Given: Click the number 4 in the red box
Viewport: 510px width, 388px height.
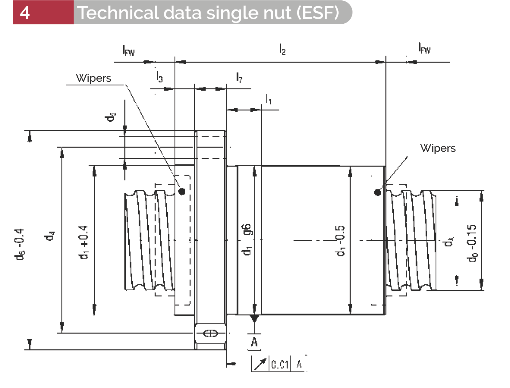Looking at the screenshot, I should click(25, 13).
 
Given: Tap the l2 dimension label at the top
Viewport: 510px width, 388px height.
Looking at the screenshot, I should click(283, 49).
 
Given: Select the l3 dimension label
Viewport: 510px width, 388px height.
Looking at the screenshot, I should click(159, 77).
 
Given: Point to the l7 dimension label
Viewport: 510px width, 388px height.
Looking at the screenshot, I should click(239, 77).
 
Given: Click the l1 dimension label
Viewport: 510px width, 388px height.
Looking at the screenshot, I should click(268, 99).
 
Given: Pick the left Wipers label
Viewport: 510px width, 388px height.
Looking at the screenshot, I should click(93, 78).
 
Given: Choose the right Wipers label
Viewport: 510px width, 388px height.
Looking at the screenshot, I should click(437, 148).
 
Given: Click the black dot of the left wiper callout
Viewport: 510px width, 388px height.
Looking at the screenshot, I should click(182, 191).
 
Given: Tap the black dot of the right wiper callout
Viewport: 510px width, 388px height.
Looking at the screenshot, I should click(378, 192).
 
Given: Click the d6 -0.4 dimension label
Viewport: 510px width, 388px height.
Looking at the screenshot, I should click(20, 244).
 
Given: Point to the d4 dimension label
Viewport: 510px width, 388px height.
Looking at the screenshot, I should click(50, 236).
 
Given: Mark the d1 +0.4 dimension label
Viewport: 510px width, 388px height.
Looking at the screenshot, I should click(83, 242).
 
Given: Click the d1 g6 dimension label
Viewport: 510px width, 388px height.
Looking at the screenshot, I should click(247, 239).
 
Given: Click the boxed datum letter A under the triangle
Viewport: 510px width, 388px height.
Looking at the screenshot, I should click(254, 342).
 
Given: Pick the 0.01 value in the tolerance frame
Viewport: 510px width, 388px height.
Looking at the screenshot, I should click(280, 364).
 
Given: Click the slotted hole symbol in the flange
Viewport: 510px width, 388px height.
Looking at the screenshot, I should click(210, 333).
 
